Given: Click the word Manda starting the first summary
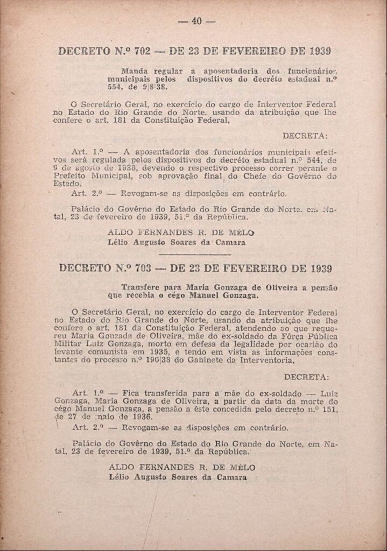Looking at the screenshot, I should point(134,70).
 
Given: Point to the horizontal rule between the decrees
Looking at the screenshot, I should point(195,254).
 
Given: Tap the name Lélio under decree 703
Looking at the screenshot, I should point(120,477).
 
